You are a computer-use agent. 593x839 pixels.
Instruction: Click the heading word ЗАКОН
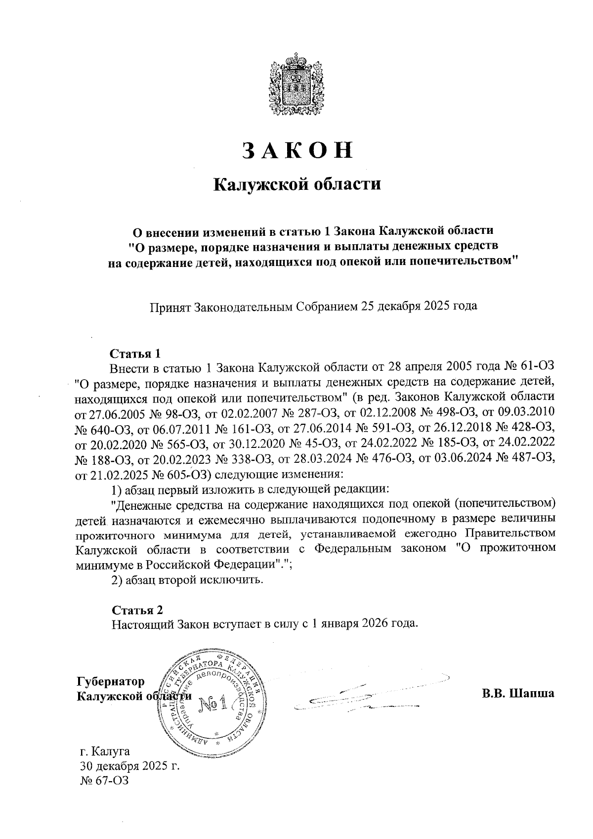pos(297,151)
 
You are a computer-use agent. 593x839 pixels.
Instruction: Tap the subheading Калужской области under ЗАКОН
pos(297,185)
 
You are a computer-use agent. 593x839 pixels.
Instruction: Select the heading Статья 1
pos(135,354)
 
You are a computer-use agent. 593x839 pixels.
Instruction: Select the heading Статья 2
pos(137,609)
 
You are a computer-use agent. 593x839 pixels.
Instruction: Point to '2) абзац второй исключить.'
pos(185,579)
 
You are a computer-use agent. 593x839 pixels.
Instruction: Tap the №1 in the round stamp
pos(213,703)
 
